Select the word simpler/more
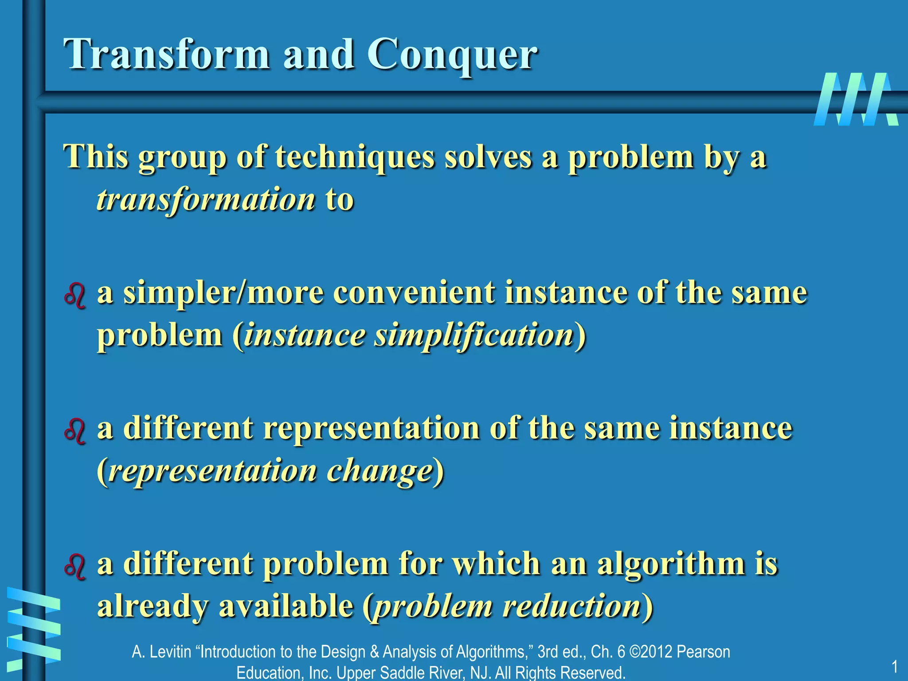223,294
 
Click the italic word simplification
474,336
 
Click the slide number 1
894,666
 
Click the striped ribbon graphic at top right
856,99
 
